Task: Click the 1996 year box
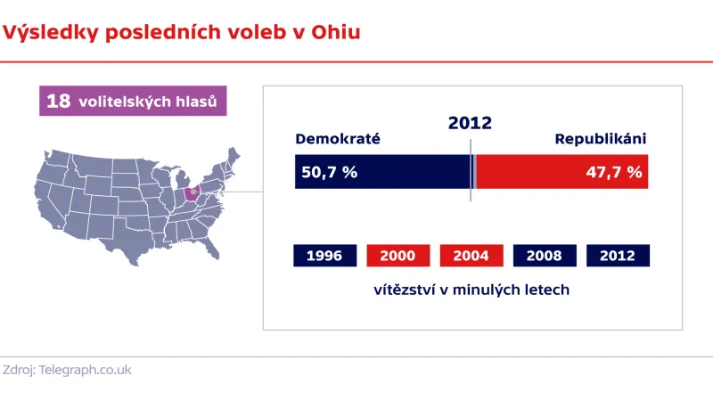pyautogui.click(x=324, y=256)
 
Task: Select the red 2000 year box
pyautogui.click(x=397, y=256)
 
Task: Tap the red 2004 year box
pyautogui.click(x=471, y=256)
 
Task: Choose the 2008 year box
pyautogui.click(x=544, y=256)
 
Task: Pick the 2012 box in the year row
pyautogui.click(x=618, y=256)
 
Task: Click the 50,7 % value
pyautogui.click(x=329, y=172)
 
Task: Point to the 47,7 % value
pyautogui.click(x=613, y=172)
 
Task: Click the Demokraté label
pyautogui.click(x=338, y=139)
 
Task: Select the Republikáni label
pyautogui.click(x=600, y=139)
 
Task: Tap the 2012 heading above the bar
pyautogui.click(x=470, y=124)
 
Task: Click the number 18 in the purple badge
pyautogui.click(x=58, y=102)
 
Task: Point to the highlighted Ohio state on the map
pyautogui.click(x=192, y=193)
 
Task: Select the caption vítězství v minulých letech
pyautogui.click(x=471, y=290)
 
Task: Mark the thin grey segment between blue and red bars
pyautogui.click(x=475, y=172)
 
